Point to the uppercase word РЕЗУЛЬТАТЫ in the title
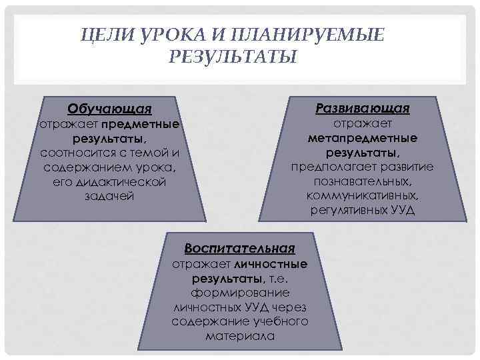pos(233,57)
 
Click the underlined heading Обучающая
pos(109,109)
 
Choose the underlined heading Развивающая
pos(363,108)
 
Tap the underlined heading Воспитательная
pos(239,249)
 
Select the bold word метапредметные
pos(363,138)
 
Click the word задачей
pos(110,197)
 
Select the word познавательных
pos(363,181)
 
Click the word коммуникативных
pos(363,196)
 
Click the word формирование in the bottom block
pos(239,293)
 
